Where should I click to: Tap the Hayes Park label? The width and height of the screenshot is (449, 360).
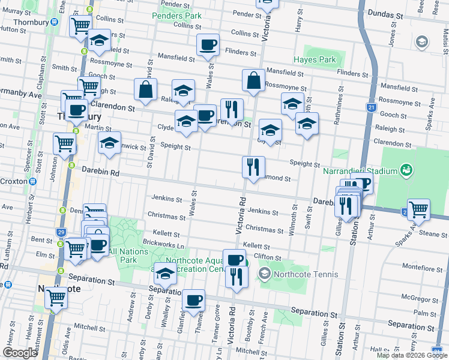click(315, 60)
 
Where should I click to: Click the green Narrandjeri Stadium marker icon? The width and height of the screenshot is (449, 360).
click(407, 170)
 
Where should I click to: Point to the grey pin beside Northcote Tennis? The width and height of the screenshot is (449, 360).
click(264, 275)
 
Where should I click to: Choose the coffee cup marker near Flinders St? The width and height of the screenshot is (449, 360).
click(208, 44)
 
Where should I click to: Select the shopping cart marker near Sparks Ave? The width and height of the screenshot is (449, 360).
click(418, 209)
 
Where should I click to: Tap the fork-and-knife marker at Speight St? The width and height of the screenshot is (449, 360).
click(253, 166)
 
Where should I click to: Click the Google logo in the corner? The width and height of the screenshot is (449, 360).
click(20, 353)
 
